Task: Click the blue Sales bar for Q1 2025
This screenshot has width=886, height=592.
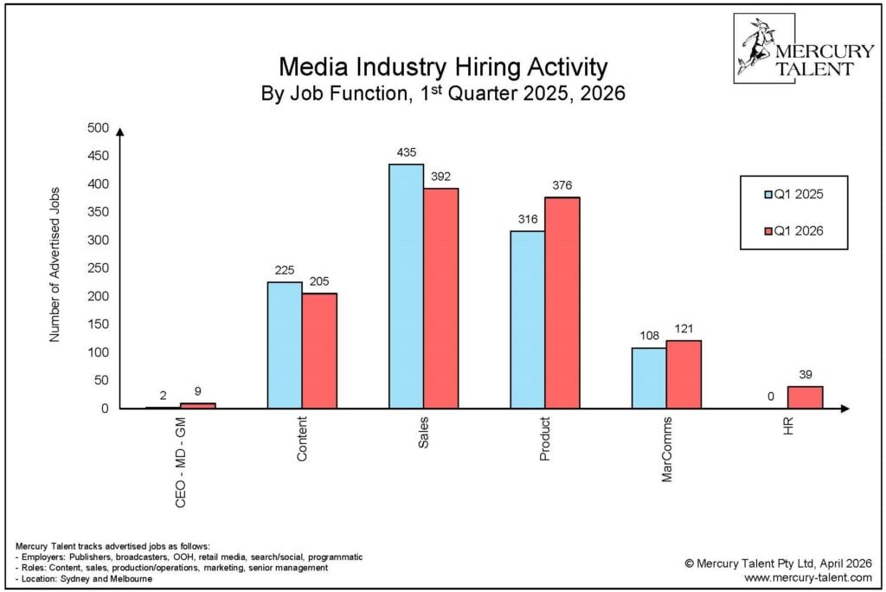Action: tap(406, 286)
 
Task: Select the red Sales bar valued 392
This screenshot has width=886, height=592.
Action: tap(440, 299)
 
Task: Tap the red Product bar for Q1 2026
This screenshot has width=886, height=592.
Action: tap(562, 303)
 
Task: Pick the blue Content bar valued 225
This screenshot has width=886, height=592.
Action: tap(285, 345)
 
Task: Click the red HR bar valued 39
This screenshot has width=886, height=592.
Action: tap(805, 397)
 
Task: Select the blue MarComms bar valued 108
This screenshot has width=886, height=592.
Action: tap(649, 378)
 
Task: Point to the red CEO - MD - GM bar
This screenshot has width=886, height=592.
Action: tap(197, 405)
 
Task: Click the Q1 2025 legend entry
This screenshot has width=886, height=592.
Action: tap(793, 195)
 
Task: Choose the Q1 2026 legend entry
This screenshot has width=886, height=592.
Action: tap(793, 230)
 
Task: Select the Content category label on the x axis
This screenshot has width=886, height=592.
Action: tap(302, 441)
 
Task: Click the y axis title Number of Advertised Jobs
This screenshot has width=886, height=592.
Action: tap(55, 265)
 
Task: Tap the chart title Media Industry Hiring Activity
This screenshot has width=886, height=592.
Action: tap(442, 68)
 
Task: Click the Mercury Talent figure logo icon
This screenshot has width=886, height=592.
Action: tap(754, 48)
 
